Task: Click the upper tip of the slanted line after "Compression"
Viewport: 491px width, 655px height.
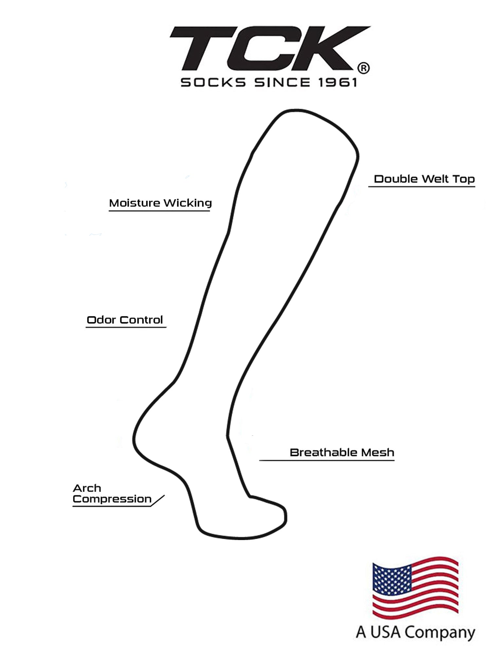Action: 164,495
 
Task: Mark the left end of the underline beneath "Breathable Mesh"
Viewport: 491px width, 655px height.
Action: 260,460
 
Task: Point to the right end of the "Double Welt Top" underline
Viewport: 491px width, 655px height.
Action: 475,187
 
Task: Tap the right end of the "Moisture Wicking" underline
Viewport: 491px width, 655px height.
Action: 209,211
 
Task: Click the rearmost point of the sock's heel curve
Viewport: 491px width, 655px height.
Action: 134,439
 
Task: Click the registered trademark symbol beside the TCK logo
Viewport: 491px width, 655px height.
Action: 364,68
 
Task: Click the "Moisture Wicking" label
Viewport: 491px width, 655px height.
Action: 160,203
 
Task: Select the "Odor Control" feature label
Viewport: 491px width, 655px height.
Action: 125,320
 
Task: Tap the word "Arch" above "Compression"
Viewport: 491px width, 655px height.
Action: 87,488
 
